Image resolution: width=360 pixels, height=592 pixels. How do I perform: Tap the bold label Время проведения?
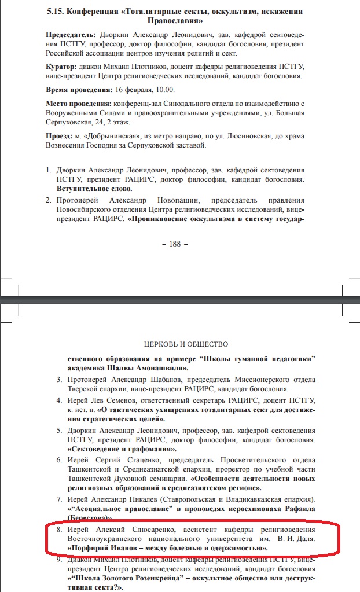pyautogui.click(x=79, y=90)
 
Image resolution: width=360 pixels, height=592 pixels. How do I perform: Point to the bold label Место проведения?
pyautogui.click(x=79, y=103)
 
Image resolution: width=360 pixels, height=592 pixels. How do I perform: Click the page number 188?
pyautogui.click(x=175, y=244)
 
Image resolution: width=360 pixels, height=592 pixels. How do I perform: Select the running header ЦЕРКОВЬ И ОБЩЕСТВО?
pyautogui.click(x=182, y=344)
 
